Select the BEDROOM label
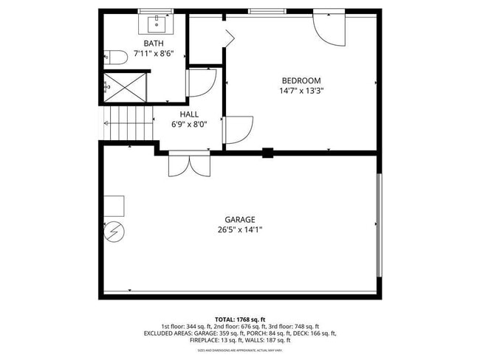(x=301, y=80)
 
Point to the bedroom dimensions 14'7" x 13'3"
(x=301, y=91)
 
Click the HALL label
(x=188, y=114)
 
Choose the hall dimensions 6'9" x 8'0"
(x=188, y=124)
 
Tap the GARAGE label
(x=240, y=219)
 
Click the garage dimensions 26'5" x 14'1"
(x=240, y=229)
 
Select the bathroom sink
(x=157, y=24)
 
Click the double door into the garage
(x=189, y=165)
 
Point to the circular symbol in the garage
(x=114, y=232)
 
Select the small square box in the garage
(x=114, y=204)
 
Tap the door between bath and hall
(x=201, y=83)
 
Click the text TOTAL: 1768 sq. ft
(x=240, y=318)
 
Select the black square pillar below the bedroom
(x=267, y=153)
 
